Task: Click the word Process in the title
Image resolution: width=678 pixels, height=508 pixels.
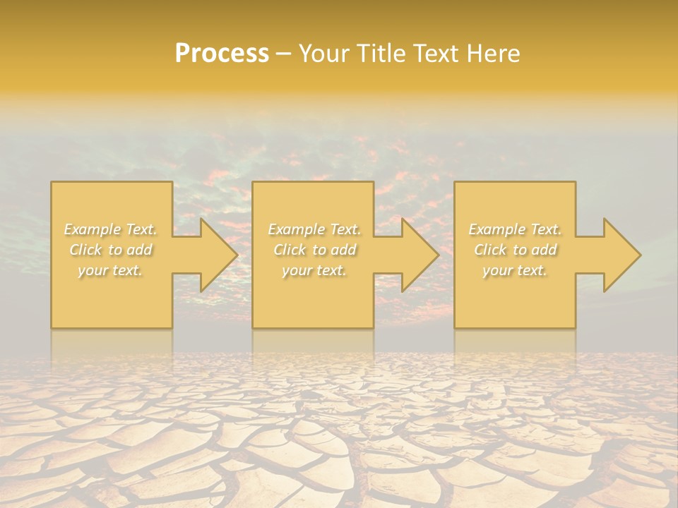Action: pos(222,54)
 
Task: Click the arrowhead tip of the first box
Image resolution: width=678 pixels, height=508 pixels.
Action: pos(237,255)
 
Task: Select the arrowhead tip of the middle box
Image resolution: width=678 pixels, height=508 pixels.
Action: pos(438,255)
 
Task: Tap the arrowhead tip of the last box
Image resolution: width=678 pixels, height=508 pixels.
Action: pos(640,255)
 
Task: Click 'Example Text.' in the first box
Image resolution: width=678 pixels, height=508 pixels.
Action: pos(111,229)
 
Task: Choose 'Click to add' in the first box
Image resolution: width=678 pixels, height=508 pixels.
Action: pos(111,250)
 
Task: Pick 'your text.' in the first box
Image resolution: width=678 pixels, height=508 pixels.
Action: pos(111,270)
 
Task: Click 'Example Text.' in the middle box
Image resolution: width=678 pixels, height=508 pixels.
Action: pos(314,229)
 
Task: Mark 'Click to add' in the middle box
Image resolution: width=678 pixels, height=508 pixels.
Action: pos(314,250)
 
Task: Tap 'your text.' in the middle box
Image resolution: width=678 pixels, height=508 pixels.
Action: pos(314,270)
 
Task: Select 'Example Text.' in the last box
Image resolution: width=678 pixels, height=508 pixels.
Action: pos(515,229)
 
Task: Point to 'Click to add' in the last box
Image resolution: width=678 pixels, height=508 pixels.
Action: pos(515,250)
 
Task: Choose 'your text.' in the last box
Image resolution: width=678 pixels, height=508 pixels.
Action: pos(515,270)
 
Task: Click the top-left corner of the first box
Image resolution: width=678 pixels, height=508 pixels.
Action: pos(52,183)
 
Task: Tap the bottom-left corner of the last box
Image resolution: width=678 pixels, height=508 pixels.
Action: pos(455,327)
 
